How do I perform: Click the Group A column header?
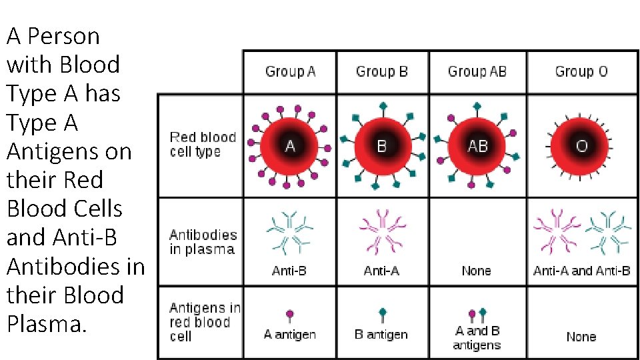(290, 71)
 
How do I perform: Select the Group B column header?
(381, 71)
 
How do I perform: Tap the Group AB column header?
(477, 71)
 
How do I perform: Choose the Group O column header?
(581, 71)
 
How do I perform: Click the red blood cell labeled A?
(290, 145)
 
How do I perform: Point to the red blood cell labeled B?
(382, 145)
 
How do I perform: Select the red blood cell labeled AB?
(477, 145)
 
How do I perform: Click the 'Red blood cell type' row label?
(203, 145)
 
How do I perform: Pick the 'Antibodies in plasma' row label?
(203, 242)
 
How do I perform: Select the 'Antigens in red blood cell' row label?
(204, 322)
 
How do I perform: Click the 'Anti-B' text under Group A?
(289, 271)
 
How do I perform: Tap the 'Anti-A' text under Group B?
(381, 271)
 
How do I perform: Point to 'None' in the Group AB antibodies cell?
(476, 271)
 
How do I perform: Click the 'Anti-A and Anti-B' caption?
(581, 271)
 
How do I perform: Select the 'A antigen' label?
(289, 335)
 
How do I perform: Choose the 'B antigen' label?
(381, 335)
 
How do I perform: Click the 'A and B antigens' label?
(477, 338)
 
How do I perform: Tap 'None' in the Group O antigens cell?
(581, 337)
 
